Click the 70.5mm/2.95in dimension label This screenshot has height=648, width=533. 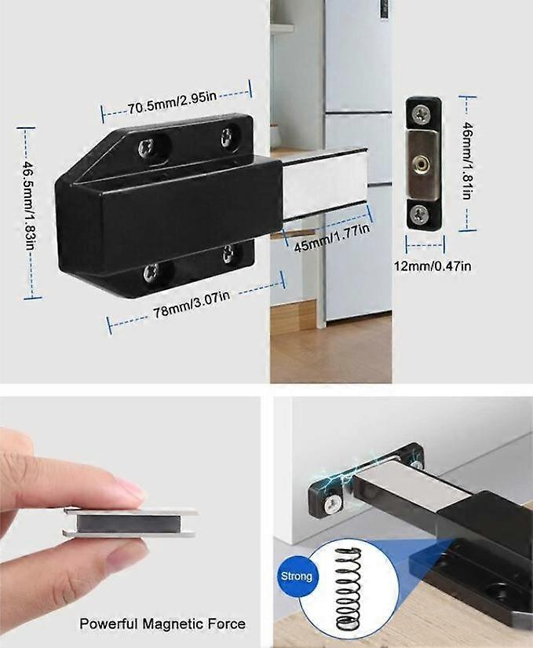tap(176, 101)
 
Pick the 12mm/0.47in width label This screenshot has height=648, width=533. tap(432, 266)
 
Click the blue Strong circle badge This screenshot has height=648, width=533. tap(296, 576)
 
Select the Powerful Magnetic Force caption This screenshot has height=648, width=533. tap(162, 624)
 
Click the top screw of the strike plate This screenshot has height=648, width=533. tap(422, 115)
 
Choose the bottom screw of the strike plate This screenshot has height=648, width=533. tap(422, 212)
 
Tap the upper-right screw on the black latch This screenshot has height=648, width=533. tap(228, 134)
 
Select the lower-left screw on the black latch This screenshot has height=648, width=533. tap(150, 272)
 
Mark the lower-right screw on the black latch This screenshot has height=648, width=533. tap(228, 253)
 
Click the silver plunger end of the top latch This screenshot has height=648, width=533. tap(324, 185)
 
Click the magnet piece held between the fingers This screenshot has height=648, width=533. tap(130, 522)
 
